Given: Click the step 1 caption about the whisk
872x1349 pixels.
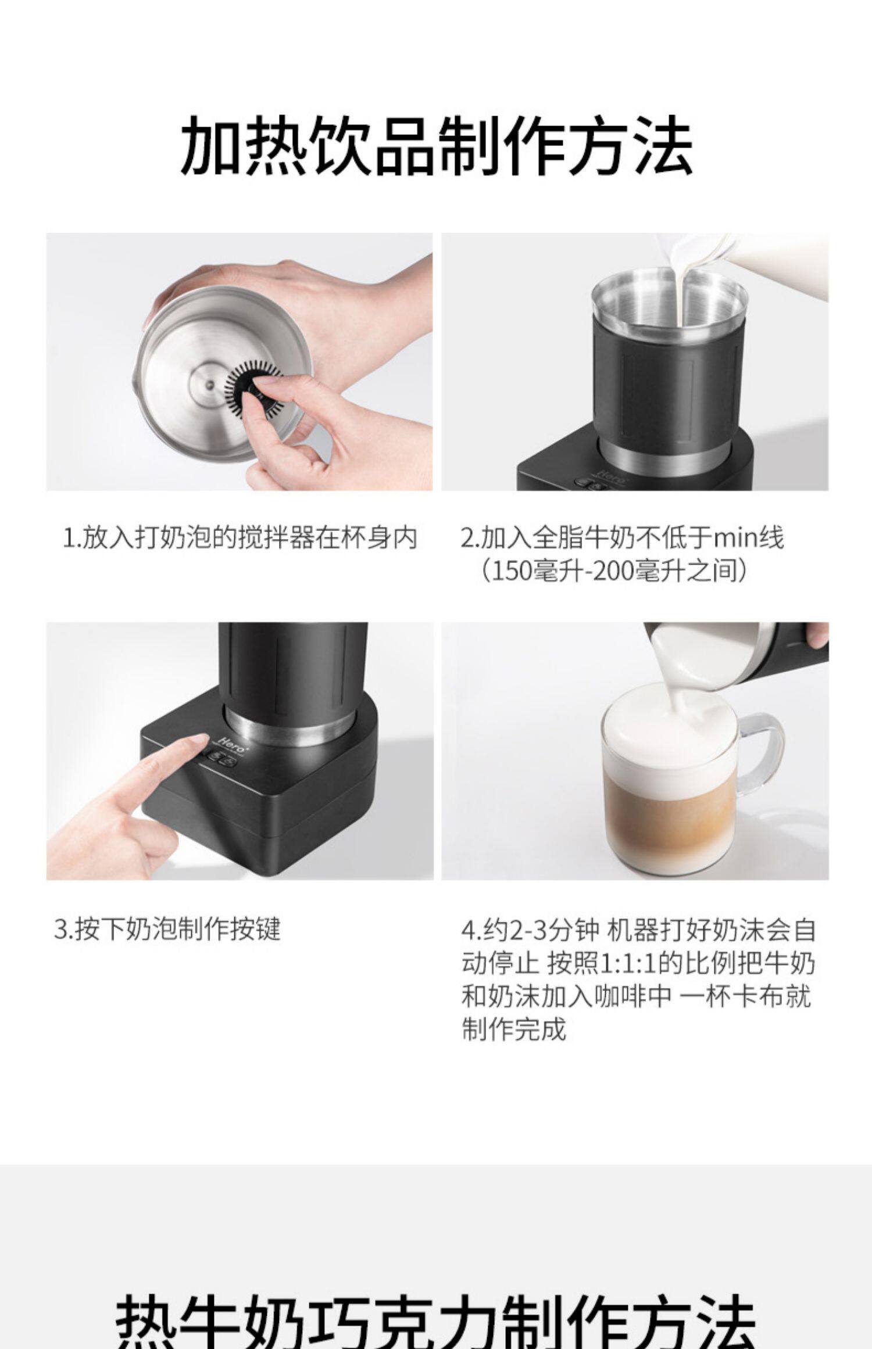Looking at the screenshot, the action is pos(240,538).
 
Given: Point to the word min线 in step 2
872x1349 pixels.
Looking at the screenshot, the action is pos(749,538).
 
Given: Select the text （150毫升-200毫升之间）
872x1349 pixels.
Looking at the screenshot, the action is pos(613,572).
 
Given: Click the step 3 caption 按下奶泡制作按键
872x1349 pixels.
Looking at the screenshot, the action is pos(167,928).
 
